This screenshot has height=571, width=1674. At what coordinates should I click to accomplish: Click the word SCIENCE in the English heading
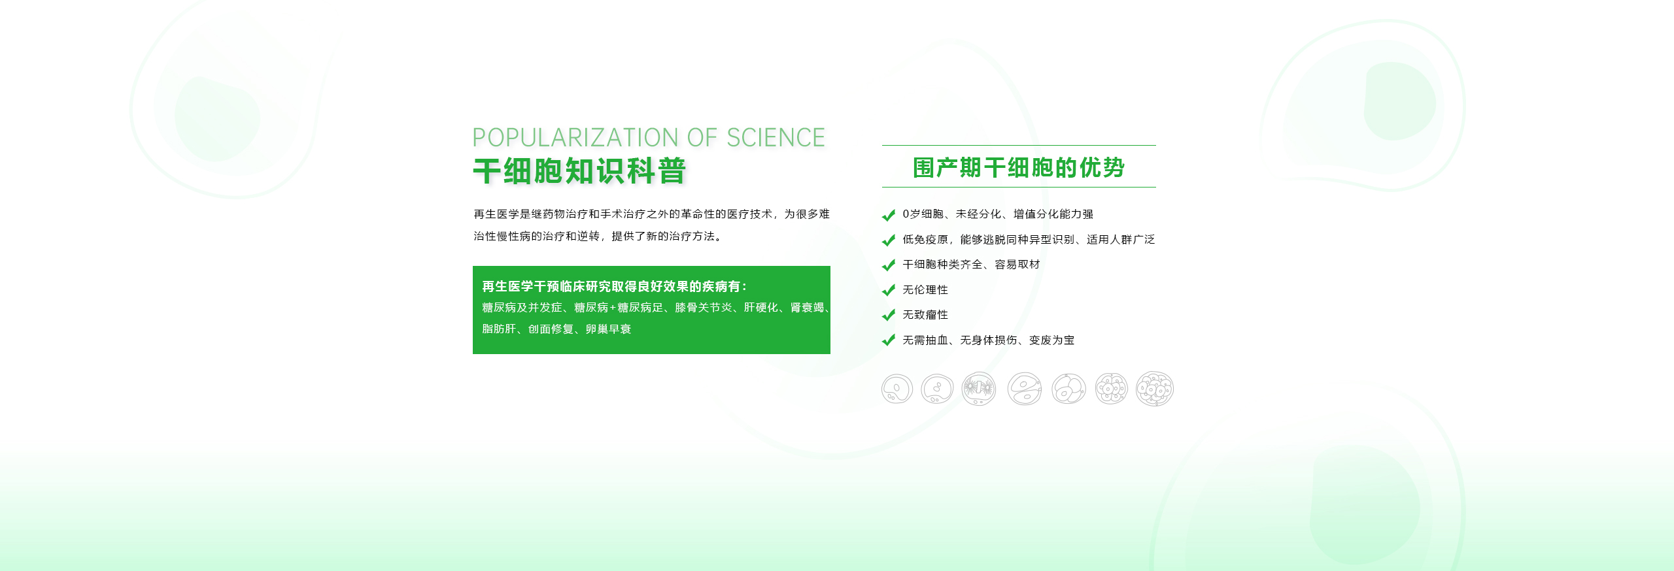(x=776, y=138)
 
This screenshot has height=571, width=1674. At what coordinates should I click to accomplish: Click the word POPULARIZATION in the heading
(x=575, y=138)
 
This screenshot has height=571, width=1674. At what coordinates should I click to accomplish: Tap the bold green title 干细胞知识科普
(x=579, y=171)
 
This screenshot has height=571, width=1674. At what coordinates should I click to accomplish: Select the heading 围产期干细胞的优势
(x=1019, y=168)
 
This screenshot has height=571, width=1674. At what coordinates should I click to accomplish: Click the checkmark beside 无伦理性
(x=889, y=290)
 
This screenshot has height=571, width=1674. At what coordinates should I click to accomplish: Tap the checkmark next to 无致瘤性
(x=889, y=315)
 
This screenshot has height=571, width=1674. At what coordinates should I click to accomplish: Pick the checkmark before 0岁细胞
(x=889, y=215)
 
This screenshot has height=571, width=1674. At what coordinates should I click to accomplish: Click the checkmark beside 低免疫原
(x=889, y=240)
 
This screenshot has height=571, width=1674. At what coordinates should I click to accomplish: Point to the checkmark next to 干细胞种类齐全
(x=889, y=265)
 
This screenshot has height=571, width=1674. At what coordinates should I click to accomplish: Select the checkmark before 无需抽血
(x=889, y=340)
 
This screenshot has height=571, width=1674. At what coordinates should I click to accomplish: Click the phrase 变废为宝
(x=1051, y=340)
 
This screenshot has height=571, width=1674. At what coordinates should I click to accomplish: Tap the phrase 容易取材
(x=1017, y=265)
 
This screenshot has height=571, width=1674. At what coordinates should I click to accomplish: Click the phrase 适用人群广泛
(x=1121, y=240)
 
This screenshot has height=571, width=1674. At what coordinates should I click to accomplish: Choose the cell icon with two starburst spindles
(x=979, y=389)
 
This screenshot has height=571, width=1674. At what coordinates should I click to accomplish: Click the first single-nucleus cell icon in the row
(x=897, y=389)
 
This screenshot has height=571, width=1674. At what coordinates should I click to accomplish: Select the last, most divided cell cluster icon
(x=1155, y=389)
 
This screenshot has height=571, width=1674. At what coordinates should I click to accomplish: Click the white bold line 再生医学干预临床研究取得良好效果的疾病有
(x=614, y=286)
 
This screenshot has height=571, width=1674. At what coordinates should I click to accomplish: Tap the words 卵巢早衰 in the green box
(x=608, y=329)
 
